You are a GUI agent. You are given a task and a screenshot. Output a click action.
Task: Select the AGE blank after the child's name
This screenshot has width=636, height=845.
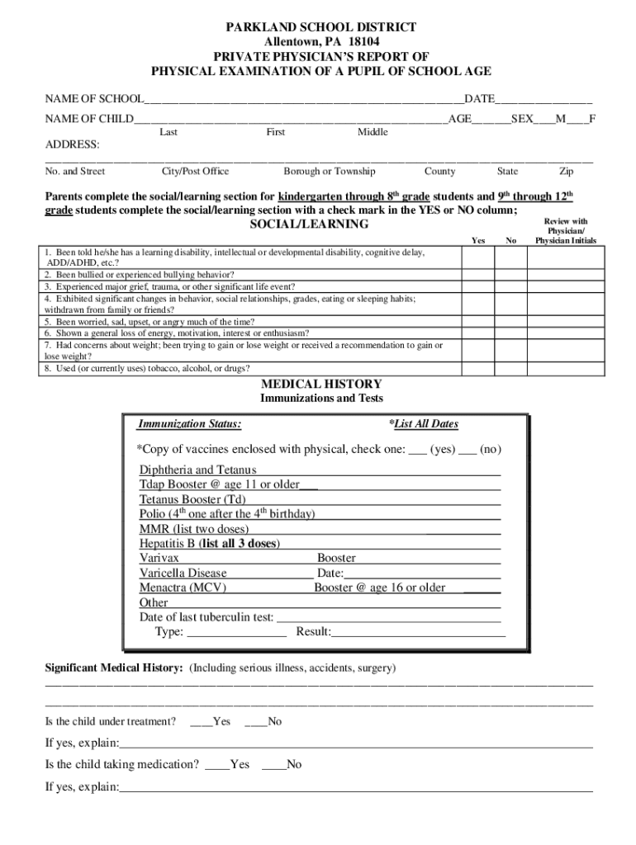(x=491, y=120)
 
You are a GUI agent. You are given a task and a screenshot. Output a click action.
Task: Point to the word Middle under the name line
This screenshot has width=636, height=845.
(x=373, y=132)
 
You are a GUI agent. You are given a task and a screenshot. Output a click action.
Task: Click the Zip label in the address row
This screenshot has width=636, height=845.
(x=566, y=172)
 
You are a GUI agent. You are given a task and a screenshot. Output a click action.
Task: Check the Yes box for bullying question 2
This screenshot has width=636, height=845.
(x=478, y=275)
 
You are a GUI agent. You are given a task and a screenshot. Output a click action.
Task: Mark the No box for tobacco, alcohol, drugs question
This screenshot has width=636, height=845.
(x=510, y=368)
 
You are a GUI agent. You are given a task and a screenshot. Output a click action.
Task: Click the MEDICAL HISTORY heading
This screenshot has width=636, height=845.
(x=321, y=384)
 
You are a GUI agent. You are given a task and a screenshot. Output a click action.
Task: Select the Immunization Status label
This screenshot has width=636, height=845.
(x=190, y=424)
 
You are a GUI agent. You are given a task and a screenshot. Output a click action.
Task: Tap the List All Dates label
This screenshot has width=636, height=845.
(x=423, y=424)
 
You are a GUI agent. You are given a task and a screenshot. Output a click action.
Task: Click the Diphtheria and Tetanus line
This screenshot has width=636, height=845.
(x=198, y=470)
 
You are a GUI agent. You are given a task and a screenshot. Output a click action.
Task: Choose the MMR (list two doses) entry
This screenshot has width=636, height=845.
(x=194, y=528)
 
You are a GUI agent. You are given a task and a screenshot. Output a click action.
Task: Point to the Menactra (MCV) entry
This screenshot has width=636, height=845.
(x=183, y=588)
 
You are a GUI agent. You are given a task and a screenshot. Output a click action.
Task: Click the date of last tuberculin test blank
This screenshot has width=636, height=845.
(x=388, y=617)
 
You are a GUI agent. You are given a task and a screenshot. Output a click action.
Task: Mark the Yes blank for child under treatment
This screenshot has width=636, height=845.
(x=201, y=722)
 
